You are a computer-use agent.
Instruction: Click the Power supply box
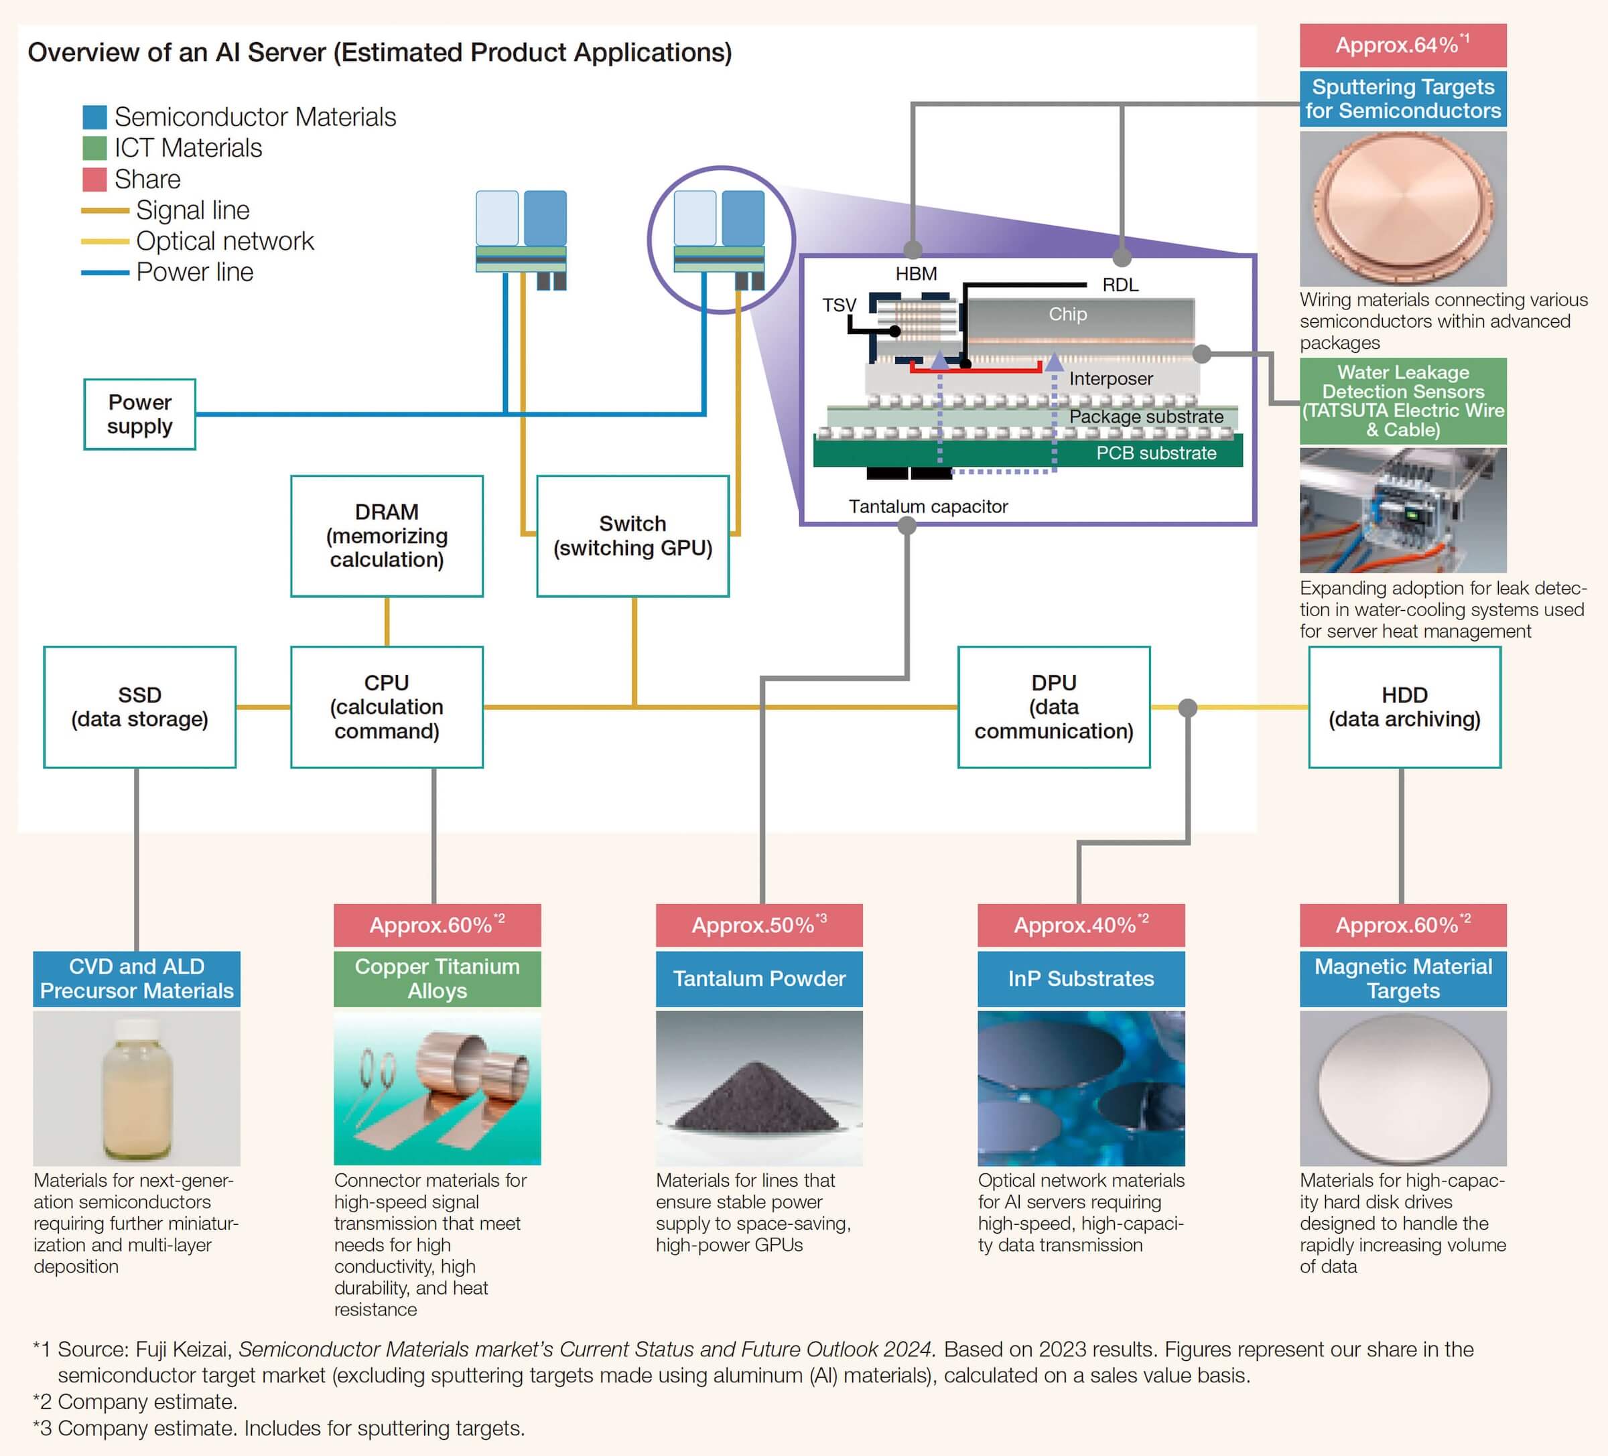tap(139, 414)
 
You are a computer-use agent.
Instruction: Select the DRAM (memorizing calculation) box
tap(387, 536)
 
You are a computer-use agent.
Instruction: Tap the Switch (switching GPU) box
tap(632, 536)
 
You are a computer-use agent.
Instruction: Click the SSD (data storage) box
tap(139, 707)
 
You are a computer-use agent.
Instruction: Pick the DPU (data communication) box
tap(1054, 707)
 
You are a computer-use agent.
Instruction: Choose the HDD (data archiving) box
tap(1404, 707)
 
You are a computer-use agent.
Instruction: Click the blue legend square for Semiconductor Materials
tap(94, 117)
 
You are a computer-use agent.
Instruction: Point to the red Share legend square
tap(94, 179)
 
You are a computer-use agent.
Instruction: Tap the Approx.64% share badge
tap(1402, 46)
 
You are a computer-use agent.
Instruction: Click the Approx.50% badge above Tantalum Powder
tap(758, 925)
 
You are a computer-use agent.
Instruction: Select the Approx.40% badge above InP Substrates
tap(1081, 925)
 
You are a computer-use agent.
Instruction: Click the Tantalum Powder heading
tap(758, 978)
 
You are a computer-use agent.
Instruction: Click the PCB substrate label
tap(1156, 453)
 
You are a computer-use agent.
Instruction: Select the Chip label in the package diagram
tap(1067, 314)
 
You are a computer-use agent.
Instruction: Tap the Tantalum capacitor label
tap(928, 506)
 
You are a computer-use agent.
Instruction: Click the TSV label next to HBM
tap(838, 305)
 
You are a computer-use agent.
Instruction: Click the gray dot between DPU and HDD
tap(1188, 707)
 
